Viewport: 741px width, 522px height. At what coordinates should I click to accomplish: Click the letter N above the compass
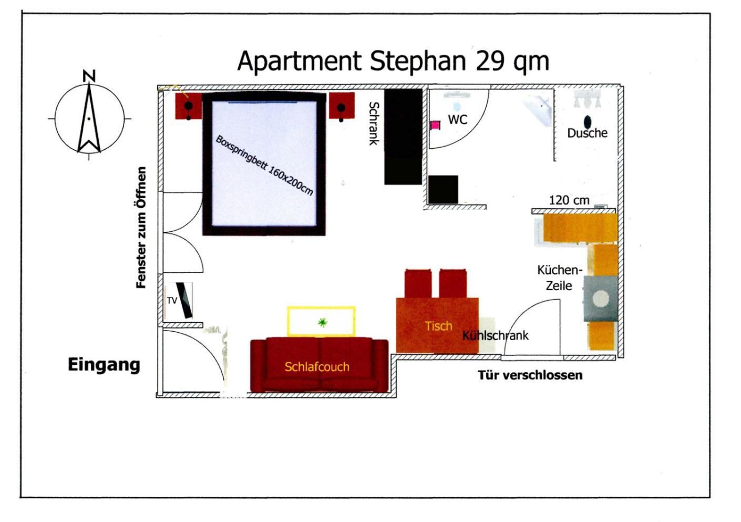[89, 76]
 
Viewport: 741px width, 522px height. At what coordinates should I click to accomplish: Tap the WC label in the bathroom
[458, 120]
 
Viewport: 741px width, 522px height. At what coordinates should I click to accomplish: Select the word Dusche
[587, 134]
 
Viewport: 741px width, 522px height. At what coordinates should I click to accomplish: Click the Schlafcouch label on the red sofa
[317, 367]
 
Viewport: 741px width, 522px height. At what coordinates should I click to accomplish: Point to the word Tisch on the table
[438, 326]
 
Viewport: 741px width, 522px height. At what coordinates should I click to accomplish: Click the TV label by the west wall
[172, 300]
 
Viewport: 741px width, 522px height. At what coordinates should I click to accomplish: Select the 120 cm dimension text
[569, 200]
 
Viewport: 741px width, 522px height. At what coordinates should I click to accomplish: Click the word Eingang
[104, 365]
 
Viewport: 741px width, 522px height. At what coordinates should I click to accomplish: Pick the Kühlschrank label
[495, 336]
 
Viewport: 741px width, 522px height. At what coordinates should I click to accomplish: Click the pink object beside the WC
[435, 125]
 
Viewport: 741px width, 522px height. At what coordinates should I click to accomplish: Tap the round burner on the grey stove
[600, 299]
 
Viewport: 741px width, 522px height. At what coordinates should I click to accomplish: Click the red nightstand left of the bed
[189, 106]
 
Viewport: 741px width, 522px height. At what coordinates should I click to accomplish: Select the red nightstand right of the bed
[342, 106]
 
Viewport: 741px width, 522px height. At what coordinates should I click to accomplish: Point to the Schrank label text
[374, 124]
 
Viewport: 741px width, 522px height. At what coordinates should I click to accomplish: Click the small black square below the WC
[443, 190]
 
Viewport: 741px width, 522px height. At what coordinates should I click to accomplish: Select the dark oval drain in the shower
[588, 122]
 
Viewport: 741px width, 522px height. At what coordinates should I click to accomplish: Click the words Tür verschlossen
[530, 375]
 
